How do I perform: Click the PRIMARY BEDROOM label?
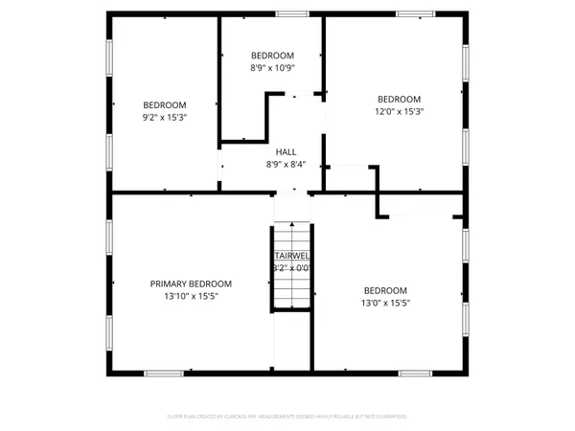click(191, 284)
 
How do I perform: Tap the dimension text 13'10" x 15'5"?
click(191, 297)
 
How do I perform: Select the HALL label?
click(286, 151)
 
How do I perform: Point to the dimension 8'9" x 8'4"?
click(286, 165)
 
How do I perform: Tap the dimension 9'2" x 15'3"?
click(165, 118)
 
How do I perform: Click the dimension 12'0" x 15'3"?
click(399, 112)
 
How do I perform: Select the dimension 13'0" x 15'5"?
click(385, 304)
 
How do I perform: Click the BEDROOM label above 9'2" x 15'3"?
click(165, 105)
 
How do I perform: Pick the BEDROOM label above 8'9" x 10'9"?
click(272, 56)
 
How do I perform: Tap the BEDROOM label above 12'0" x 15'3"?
click(399, 99)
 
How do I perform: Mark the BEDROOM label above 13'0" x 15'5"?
click(385, 290)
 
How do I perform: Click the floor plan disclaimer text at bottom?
click(287, 417)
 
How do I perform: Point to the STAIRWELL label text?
click(291, 256)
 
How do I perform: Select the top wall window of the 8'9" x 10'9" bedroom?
click(291, 13)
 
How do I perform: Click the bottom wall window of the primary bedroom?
click(164, 373)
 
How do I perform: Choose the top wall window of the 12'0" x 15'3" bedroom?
click(413, 13)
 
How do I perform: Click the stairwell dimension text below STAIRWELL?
click(291, 269)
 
